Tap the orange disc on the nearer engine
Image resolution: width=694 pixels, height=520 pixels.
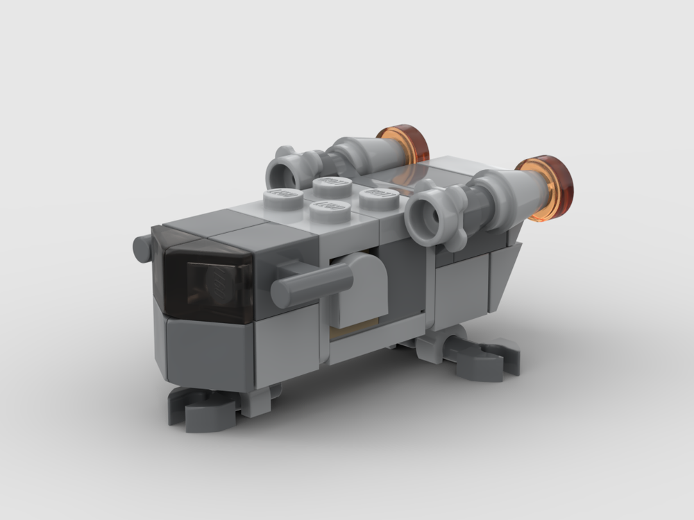tap(547, 187)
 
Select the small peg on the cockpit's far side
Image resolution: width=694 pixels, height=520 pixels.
tap(142, 248)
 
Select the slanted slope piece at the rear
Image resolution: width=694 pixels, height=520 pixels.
tap(505, 274)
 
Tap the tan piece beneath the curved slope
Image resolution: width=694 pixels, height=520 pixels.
tap(354, 331)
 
